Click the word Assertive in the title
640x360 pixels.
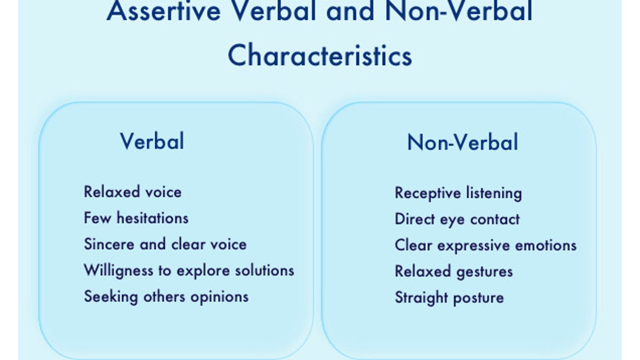coord(164,11)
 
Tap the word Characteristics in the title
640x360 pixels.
coord(320,55)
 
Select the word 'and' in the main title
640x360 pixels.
coord(350,11)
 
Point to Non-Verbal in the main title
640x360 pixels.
coord(459,11)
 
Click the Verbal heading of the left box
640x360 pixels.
coord(152,141)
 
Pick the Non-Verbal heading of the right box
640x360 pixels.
coord(462,142)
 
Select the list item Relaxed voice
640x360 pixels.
coord(133,191)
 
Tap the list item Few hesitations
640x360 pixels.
coord(136,218)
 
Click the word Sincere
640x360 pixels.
coord(109,244)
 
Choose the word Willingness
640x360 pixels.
coord(118,271)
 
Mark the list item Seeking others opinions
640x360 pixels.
coord(166,297)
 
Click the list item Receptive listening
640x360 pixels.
coord(458,193)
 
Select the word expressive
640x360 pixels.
coord(474,246)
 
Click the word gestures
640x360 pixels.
coord(484,272)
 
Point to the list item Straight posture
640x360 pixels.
coord(449,298)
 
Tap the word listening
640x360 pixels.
coord(494,193)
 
